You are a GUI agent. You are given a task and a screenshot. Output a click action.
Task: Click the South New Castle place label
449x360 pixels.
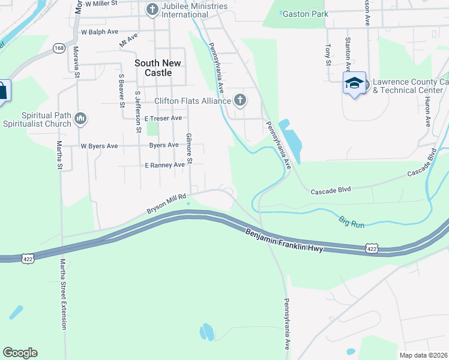click(153, 68)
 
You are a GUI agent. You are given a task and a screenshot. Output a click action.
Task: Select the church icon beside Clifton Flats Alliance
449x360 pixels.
click(240, 100)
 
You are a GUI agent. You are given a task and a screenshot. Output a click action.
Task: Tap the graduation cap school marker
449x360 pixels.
click(354, 83)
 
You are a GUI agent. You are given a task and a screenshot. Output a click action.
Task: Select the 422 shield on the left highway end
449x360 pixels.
click(27, 258)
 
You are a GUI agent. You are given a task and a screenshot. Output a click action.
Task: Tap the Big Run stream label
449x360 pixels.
click(351, 221)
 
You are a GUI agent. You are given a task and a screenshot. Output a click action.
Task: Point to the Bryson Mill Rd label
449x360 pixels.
click(167, 204)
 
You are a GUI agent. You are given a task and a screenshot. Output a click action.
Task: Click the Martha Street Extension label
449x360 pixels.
click(62, 294)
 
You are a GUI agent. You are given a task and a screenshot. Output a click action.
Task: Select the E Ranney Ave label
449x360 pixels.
click(164, 165)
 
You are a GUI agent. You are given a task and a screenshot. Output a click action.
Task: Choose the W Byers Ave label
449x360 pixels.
click(100, 146)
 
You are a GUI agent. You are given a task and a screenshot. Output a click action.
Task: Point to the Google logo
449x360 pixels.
click(20, 353)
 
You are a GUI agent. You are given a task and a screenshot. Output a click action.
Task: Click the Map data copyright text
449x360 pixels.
click(424, 355)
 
